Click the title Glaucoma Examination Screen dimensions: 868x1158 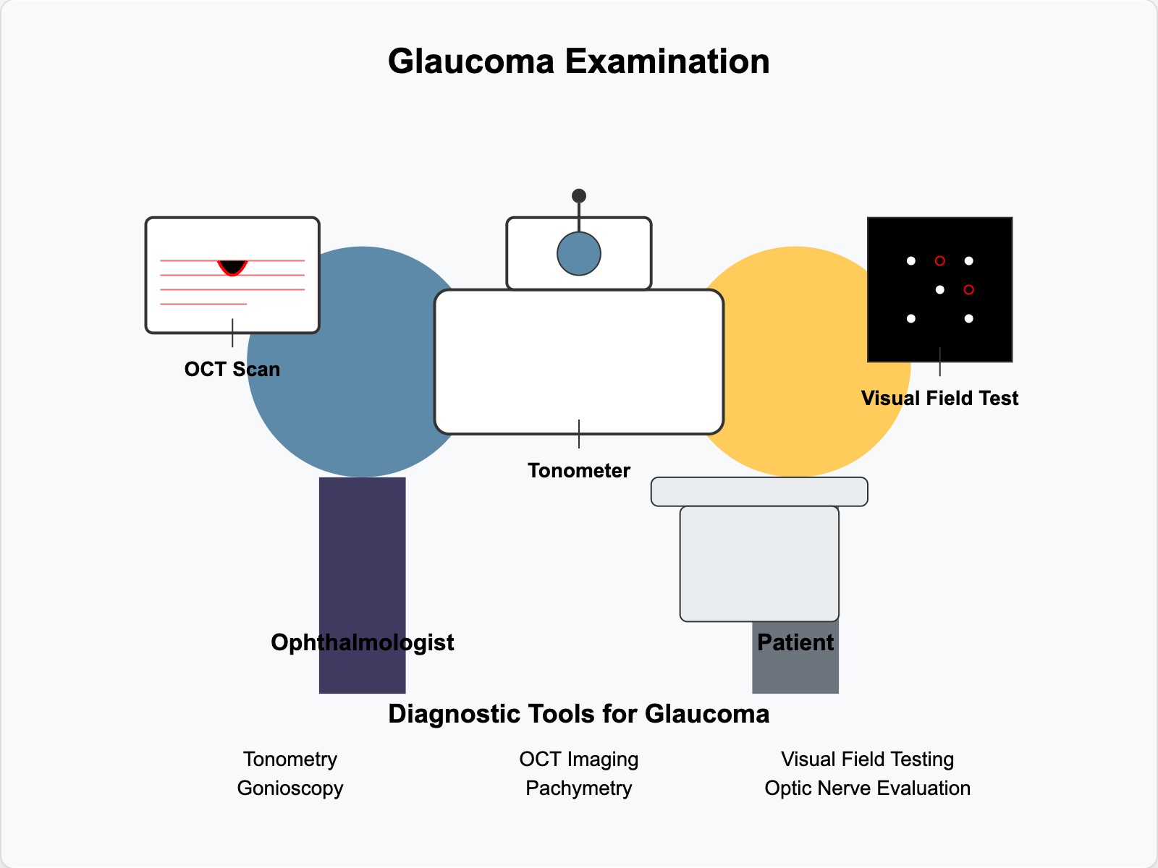pos(578,61)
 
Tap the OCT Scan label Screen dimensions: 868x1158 pos(232,369)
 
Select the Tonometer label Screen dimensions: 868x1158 pos(578,470)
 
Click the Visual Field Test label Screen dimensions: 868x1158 pos(939,398)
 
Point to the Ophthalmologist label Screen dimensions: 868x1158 pos(362,642)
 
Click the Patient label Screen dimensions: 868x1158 pos(795,642)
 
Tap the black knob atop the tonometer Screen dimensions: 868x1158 pos(578,196)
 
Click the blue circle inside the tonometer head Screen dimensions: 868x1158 pos(578,254)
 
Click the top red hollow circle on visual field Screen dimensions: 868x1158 pos(939,260)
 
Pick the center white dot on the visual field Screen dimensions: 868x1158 pos(939,289)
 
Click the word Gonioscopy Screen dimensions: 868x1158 pos(289,788)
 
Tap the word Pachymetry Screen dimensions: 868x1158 pos(578,788)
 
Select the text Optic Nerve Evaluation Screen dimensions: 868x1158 pos(867,788)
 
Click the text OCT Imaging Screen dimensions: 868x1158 pos(578,759)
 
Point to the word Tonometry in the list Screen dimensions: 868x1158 pos(289,759)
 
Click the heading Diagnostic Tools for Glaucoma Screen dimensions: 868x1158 pos(578,714)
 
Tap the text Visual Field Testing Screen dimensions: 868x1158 pos(867,759)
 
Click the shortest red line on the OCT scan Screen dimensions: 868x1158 pos(203,304)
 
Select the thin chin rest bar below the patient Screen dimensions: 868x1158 pos(758,491)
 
